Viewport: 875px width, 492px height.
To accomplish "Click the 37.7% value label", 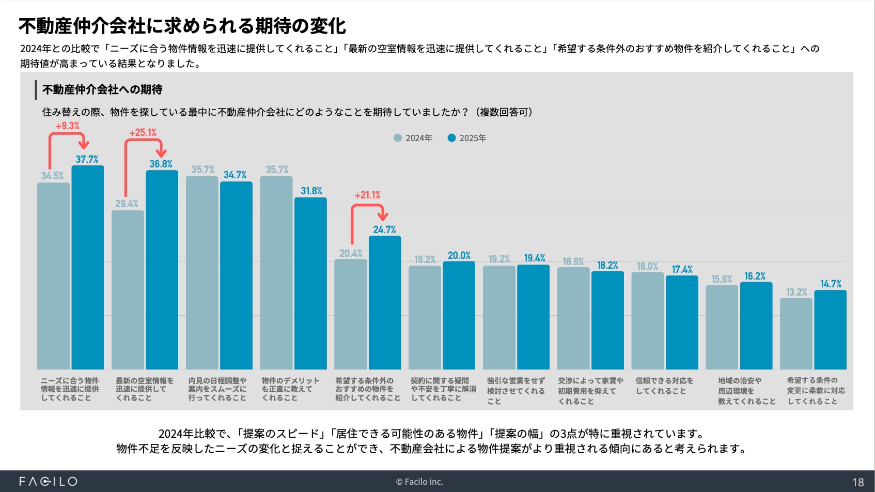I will point(87,159).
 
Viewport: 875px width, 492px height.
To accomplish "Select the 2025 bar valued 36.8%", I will point(162,269).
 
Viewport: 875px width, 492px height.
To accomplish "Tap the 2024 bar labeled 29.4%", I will point(128,289).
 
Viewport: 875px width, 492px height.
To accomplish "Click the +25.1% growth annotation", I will point(143,133).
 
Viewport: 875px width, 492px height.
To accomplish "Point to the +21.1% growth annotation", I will point(367,195).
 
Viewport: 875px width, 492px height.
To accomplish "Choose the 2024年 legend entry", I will point(413,138).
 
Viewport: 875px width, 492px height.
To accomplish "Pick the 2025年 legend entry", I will point(467,138).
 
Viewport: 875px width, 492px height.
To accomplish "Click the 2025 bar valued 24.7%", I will point(385,302).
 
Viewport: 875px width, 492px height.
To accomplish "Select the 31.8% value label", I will point(311,191).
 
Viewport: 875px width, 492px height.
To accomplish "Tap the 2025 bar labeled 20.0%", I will point(459,315).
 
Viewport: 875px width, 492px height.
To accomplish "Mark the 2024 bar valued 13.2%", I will point(796,333).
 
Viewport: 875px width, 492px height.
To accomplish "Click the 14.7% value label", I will point(831,284).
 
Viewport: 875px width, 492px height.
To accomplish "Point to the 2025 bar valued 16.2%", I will point(756,326).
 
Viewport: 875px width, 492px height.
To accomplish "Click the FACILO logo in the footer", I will point(48,482).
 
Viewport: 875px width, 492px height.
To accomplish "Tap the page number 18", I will point(858,482).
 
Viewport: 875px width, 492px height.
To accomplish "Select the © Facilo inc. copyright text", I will point(419,482).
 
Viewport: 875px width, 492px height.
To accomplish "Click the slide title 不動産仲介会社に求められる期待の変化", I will point(182,26).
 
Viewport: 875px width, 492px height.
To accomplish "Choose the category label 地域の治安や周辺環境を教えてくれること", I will point(746,391).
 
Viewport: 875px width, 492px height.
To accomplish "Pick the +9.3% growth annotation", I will point(67,126).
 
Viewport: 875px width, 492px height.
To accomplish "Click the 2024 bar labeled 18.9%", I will point(573,318).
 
